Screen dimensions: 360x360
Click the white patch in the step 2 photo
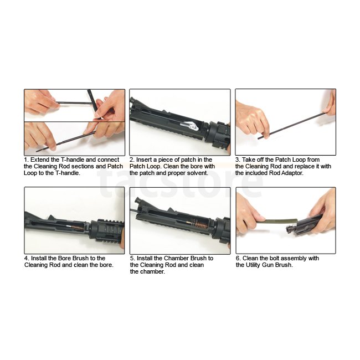191,125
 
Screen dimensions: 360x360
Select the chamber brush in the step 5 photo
199,223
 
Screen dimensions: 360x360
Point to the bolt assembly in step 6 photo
302,226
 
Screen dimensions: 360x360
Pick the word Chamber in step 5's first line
176,258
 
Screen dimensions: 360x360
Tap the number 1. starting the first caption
26,160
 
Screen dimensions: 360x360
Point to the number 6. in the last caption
239,258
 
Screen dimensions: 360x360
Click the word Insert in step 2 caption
144,160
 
